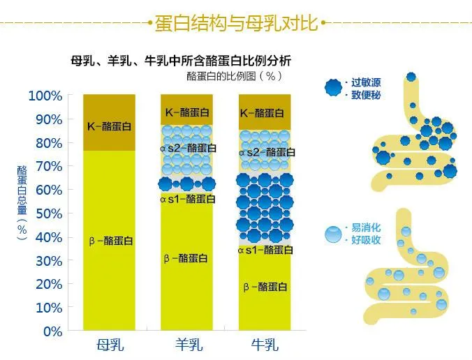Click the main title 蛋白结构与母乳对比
pos(236,23)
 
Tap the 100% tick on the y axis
pos(45,96)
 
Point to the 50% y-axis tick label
pos(49,213)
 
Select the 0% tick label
pos(53,331)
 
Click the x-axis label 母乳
pos(110,345)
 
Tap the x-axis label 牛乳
pos(265,345)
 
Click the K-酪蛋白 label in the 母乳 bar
pos(109,126)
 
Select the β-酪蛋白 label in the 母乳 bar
pos(111,241)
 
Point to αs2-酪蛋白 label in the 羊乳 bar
pos(188,148)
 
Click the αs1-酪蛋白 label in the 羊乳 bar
pos(188,199)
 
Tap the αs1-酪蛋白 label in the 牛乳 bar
pos(265,250)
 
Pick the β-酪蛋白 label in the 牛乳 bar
pos(265,287)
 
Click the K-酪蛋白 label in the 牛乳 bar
pos(263,113)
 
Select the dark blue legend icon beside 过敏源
pos(334,88)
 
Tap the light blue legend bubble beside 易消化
pos(334,234)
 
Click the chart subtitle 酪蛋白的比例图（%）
pos(235,76)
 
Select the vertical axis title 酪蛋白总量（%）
pos(22,203)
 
